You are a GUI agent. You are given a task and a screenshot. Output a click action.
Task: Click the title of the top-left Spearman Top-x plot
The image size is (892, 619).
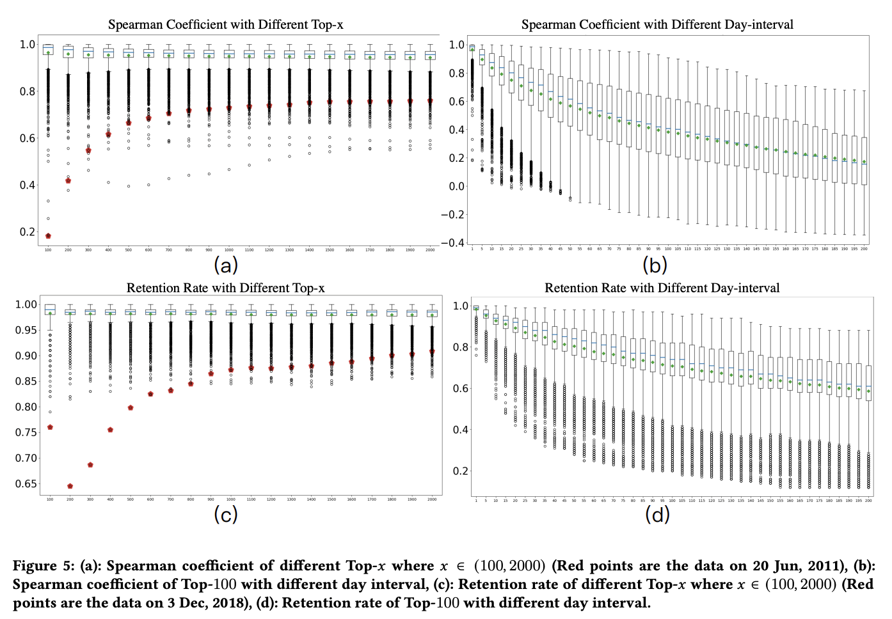coord(225,25)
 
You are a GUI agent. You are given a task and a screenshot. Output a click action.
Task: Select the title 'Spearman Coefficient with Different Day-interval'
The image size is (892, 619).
coord(657,25)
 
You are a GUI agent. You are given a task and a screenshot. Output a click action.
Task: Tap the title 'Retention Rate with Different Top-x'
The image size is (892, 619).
coord(225,288)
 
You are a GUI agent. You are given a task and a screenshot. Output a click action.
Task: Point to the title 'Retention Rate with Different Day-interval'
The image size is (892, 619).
coord(662,288)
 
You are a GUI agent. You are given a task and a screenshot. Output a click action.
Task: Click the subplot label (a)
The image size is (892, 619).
coord(225,265)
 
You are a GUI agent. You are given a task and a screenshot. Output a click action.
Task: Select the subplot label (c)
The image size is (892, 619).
coord(225,514)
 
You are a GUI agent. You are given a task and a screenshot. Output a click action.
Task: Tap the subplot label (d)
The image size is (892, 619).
coord(657,514)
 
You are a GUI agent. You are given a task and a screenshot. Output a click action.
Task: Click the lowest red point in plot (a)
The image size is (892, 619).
coord(48,236)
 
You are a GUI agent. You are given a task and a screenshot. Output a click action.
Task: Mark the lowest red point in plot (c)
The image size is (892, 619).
coord(70,486)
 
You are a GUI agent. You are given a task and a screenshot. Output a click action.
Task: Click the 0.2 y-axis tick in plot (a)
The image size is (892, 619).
coord(27,232)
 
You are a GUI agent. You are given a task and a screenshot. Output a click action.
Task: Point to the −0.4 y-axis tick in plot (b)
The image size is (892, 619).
coord(452,243)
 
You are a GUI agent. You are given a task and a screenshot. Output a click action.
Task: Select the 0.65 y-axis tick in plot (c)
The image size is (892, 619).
coord(26,484)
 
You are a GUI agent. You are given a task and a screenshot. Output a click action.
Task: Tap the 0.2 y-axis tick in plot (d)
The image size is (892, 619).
coord(461,471)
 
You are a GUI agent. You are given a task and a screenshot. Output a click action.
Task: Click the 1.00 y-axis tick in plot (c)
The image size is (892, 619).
coord(26,304)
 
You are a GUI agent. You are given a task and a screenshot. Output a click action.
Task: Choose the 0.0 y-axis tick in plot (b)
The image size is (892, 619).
coord(456,187)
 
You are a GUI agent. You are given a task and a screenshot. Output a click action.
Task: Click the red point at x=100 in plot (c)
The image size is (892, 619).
coord(50,427)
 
